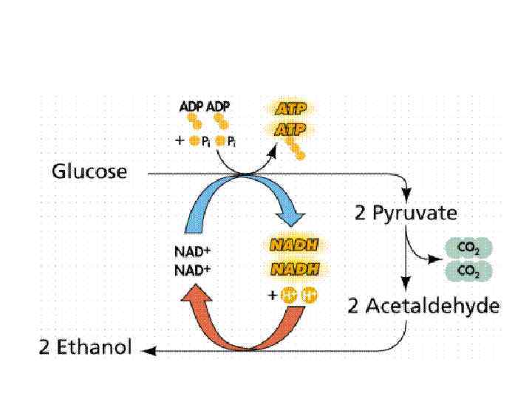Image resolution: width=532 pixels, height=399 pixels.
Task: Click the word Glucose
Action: click(x=89, y=172)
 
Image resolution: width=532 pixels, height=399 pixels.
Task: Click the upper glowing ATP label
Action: click(x=290, y=109)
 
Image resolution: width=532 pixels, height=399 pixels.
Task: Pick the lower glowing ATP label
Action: click(x=290, y=129)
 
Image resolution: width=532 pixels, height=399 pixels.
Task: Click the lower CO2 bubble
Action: click(x=467, y=270)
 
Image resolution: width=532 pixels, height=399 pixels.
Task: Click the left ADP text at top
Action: click(x=191, y=106)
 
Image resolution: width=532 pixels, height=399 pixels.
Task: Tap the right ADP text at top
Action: click(x=218, y=106)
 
